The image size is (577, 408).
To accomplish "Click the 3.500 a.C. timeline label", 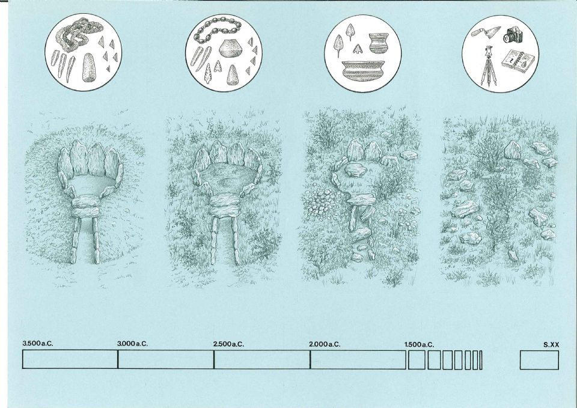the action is (38, 344).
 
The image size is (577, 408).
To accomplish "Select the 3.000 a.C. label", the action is (132, 344).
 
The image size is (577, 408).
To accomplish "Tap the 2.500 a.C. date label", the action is (228, 344).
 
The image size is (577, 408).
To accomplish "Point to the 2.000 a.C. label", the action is (325, 344).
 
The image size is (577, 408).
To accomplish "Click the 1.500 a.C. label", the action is (419, 345).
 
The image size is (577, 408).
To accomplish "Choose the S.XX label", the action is (551, 345).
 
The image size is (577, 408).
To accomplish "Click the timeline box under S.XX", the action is (539, 360).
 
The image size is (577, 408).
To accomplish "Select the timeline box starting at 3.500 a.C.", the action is (70, 359).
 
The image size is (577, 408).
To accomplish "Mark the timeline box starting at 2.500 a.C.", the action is (262, 359).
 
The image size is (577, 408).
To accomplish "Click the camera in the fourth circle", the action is (513, 35).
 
